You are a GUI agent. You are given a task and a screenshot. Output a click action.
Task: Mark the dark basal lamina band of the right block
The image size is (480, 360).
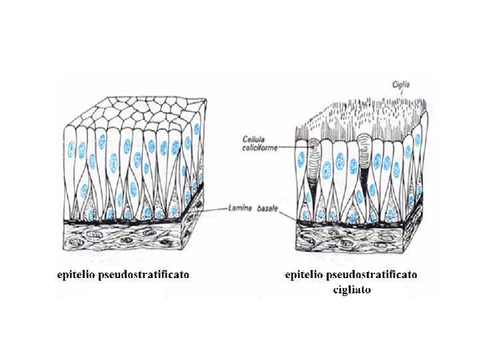click(x=353, y=221)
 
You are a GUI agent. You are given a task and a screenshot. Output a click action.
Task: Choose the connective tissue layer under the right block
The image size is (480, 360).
click(x=353, y=239)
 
